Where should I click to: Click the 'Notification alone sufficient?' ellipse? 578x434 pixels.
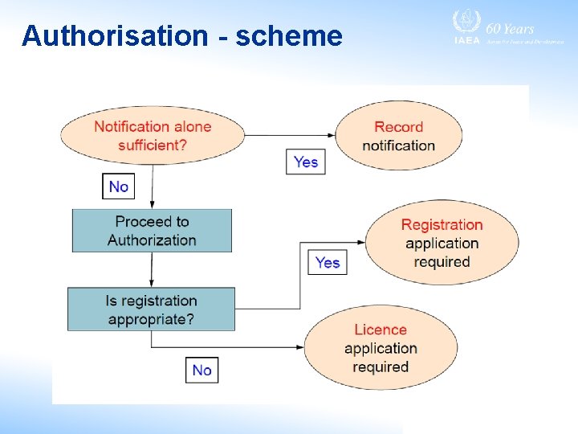pyautogui.click(x=152, y=136)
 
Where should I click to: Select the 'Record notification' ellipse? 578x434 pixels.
pyautogui.click(x=398, y=136)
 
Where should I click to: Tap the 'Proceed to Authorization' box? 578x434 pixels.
pyautogui.click(x=152, y=231)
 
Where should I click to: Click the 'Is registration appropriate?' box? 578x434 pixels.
pyautogui.click(x=152, y=309)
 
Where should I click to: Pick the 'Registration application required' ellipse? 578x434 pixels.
pyautogui.click(x=442, y=243)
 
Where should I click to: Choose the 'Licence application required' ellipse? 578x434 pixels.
pyautogui.click(x=381, y=348)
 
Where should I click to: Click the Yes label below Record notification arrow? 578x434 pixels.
pyautogui.click(x=306, y=162)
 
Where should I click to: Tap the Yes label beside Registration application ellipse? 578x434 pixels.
pyautogui.click(x=328, y=262)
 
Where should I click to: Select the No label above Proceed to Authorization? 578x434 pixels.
pyautogui.click(x=119, y=186)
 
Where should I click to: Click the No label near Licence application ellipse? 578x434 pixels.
pyautogui.click(x=202, y=370)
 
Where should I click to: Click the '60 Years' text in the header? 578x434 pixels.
pyautogui.click(x=510, y=28)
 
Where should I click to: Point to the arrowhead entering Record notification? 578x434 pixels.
pyautogui.click(x=331, y=136)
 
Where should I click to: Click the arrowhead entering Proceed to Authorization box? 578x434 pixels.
pyautogui.click(x=152, y=205)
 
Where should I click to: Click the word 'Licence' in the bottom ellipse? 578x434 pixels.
pyautogui.click(x=381, y=330)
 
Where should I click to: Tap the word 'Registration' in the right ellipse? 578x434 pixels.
pyautogui.click(x=442, y=224)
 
